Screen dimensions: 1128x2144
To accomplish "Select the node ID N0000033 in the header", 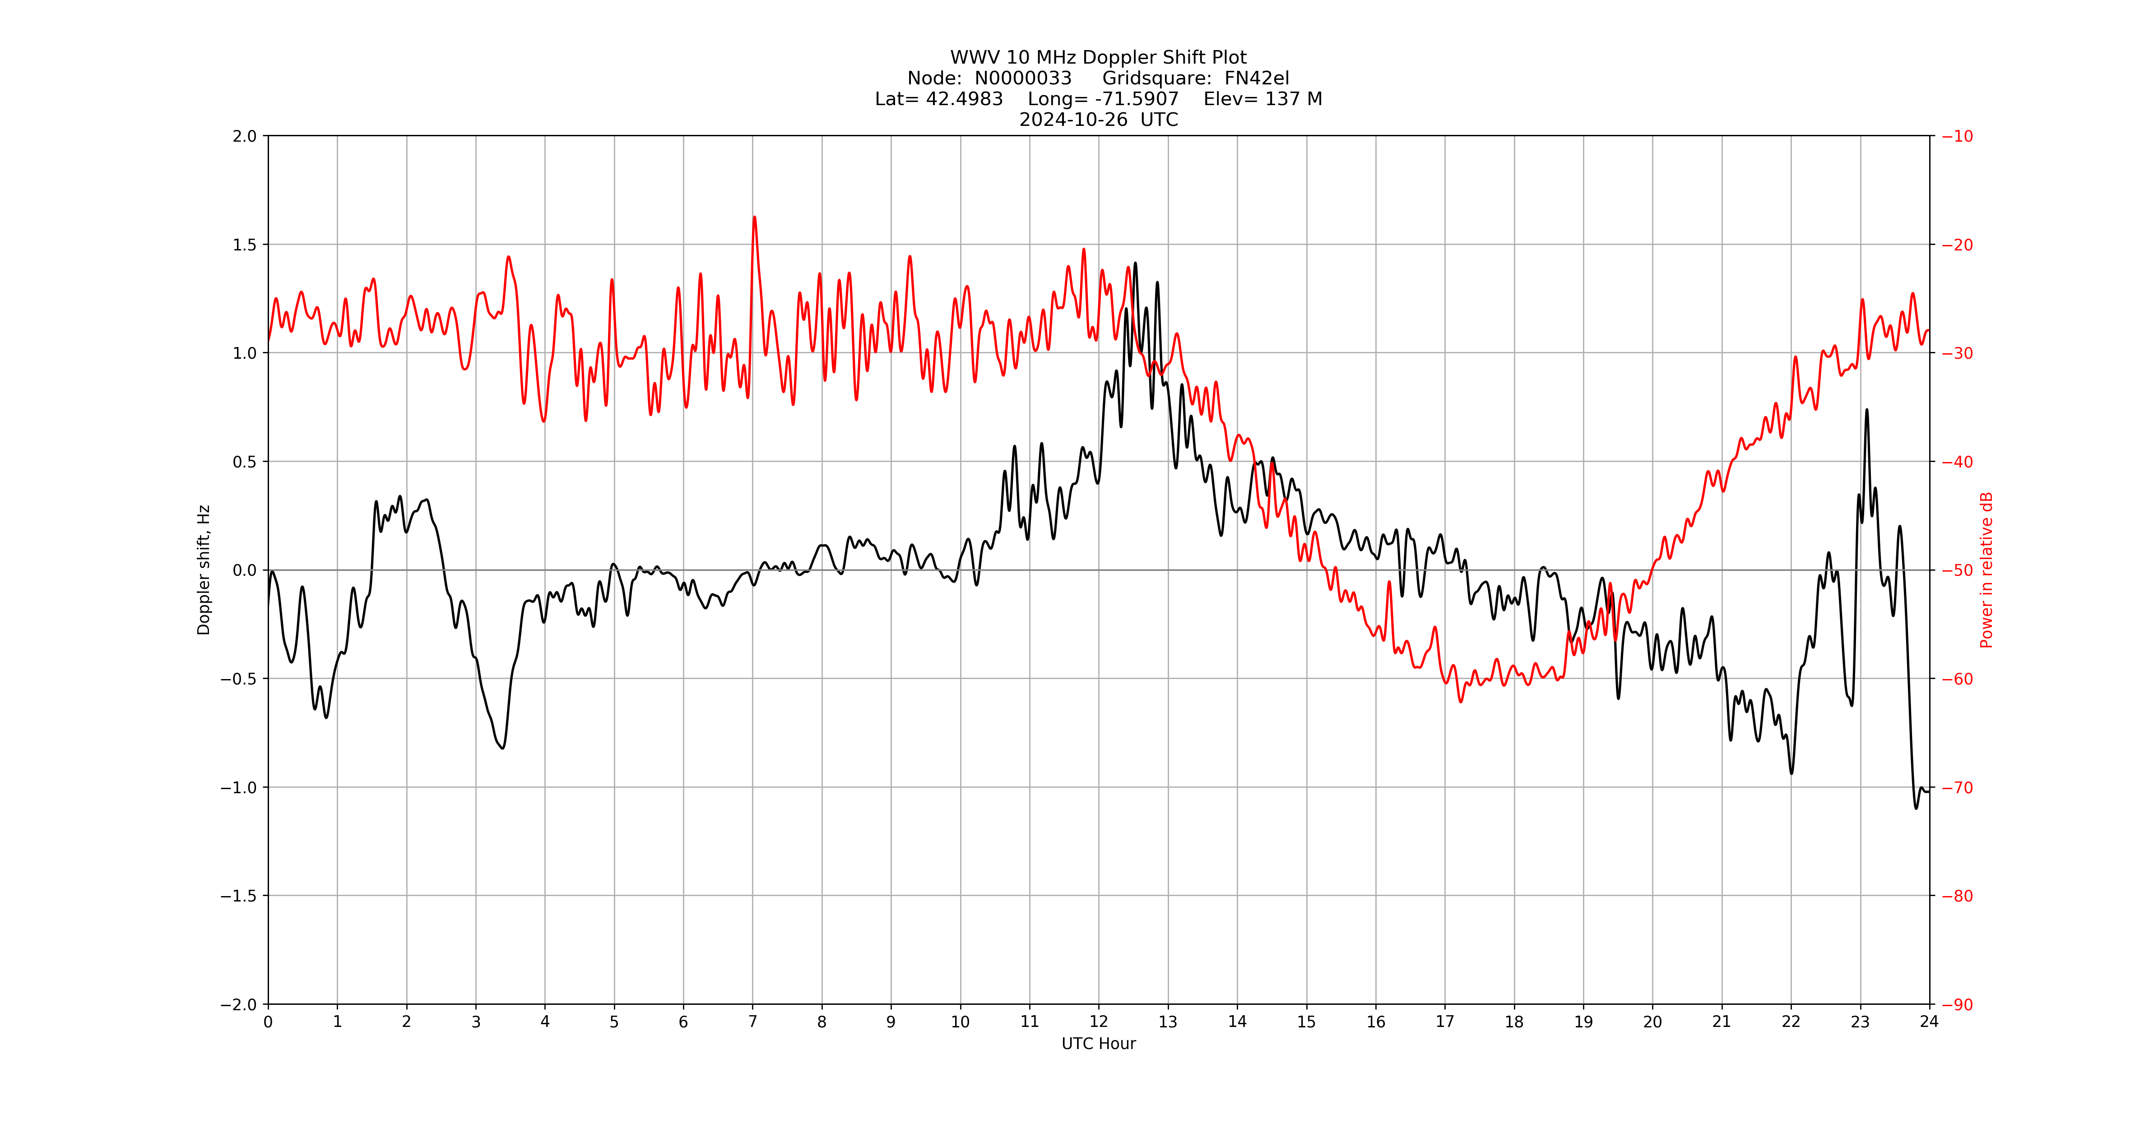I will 1023,78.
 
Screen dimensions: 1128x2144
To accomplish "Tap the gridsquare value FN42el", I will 1256,78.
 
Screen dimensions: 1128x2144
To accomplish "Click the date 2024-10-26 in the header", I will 1073,120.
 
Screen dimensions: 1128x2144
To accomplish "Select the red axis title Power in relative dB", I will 1986,570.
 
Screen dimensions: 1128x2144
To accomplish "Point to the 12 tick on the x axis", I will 1099,1022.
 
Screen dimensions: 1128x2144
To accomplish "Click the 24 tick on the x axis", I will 1929,1022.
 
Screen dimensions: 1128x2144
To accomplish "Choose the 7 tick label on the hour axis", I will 752,1022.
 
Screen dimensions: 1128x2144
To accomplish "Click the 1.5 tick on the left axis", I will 245,245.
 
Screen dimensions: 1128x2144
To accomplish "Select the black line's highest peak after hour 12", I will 1135,264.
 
